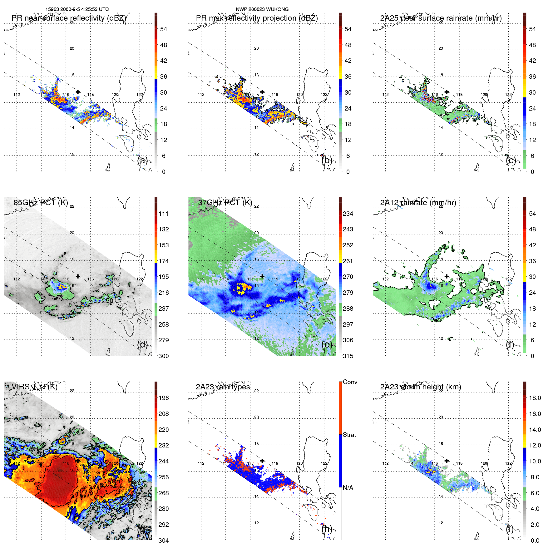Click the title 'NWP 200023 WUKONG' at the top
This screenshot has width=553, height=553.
(x=262, y=9)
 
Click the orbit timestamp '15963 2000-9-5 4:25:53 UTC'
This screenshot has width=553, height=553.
(x=77, y=9)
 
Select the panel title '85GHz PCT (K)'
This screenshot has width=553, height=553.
(x=41, y=203)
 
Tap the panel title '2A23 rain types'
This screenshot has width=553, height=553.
(x=223, y=387)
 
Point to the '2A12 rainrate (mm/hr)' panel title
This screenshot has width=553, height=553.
(x=418, y=203)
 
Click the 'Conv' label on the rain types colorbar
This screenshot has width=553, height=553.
(x=350, y=382)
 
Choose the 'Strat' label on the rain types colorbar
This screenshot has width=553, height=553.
(x=349, y=435)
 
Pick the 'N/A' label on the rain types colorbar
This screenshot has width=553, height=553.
(x=348, y=488)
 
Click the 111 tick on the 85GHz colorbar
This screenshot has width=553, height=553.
(x=164, y=214)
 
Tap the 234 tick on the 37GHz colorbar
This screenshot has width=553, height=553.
(x=348, y=214)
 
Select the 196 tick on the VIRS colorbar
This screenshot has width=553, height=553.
(x=164, y=398)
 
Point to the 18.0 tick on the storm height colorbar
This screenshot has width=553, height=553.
(x=535, y=398)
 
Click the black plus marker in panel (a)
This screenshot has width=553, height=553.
(x=78, y=92)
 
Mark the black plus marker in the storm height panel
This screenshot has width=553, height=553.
(x=447, y=461)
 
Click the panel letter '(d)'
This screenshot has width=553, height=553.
(x=142, y=345)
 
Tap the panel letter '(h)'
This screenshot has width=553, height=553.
(x=327, y=529)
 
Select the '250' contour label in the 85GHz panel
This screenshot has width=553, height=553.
(x=108, y=301)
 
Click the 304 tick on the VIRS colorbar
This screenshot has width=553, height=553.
(x=164, y=541)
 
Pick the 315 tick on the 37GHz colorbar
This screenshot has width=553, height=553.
(x=348, y=356)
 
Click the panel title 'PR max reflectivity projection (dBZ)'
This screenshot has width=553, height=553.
(x=257, y=18)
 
